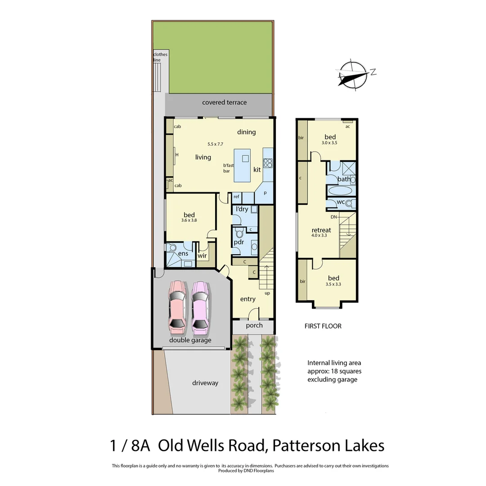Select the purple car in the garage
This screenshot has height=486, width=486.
[x=200, y=305]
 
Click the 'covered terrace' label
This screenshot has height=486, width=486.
[x=224, y=103]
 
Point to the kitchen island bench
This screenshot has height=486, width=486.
[x=245, y=165]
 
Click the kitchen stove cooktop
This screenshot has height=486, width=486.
[x=268, y=163]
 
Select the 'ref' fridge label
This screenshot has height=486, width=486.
[x=236, y=197]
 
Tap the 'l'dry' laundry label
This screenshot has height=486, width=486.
[x=243, y=209]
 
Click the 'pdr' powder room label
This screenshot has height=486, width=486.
[x=238, y=243]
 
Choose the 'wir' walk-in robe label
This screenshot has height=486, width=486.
[x=202, y=256]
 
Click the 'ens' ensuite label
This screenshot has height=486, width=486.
[x=183, y=254]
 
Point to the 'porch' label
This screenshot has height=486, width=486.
[x=254, y=325]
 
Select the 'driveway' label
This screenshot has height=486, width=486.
[x=205, y=383]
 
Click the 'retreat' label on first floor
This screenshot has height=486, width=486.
[x=321, y=230]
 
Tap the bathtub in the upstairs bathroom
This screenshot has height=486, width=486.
[x=341, y=191]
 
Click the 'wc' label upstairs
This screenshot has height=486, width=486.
[x=341, y=202]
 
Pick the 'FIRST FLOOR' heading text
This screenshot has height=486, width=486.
[x=323, y=326]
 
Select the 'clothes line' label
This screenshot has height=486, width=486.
[x=160, y=57]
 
